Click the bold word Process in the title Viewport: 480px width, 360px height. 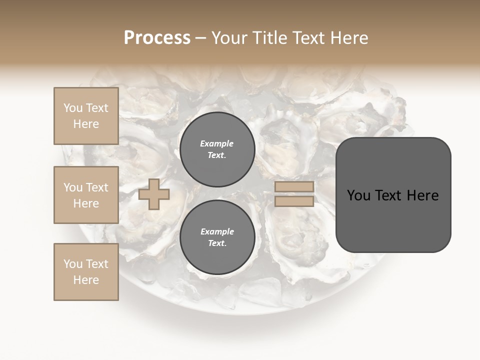pos(157,38)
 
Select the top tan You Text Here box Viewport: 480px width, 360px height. pos(86,116)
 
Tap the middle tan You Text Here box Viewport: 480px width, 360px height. pos(86,195)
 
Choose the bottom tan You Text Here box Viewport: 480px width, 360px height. pos(86,272)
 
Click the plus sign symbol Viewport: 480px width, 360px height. pos(154,194)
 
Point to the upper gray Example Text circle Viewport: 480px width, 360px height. pos(217,149)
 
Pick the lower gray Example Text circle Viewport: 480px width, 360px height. pos(217,237)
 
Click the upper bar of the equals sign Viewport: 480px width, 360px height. pos(294,187)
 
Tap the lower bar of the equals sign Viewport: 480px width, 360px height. pos(294,201)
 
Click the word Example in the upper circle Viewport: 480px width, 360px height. pos(217,143)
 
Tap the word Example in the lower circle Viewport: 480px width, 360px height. pos(217,231)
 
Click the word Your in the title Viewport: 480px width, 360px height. pos(229,38)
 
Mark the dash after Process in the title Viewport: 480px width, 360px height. pos(201,38)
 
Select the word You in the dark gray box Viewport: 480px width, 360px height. pos(359,195)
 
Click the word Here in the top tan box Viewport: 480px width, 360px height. pos(86,124)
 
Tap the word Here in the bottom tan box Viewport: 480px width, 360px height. pos(86,280)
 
